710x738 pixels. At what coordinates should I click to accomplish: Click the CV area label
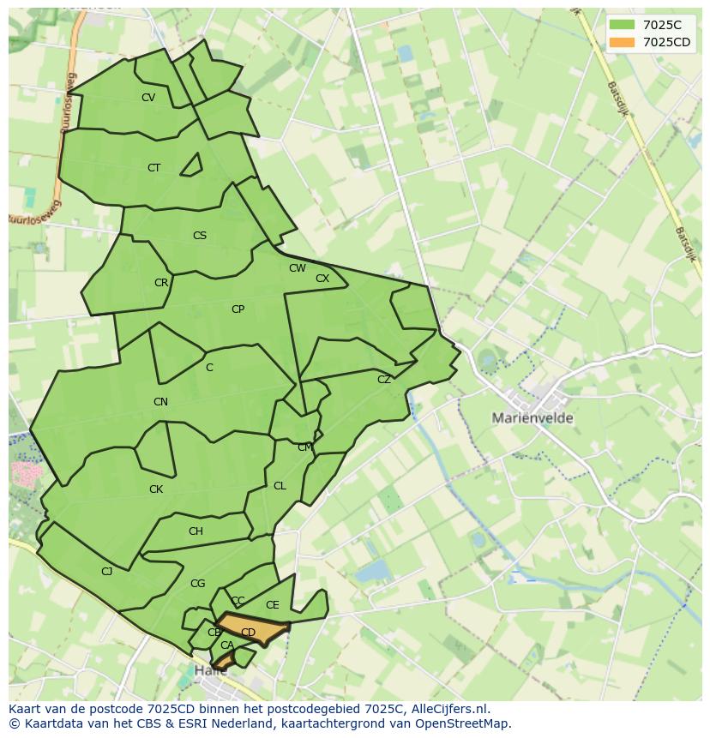coord(148,98)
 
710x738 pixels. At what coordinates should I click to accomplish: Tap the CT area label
coord(153,168)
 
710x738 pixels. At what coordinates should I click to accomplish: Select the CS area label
coord(200,236)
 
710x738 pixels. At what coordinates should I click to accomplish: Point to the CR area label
coord(161,283)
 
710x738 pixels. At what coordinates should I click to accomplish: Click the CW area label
coord(298,268)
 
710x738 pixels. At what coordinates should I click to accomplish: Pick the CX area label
coord(322,279)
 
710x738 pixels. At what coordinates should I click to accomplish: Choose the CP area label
coord(238,309)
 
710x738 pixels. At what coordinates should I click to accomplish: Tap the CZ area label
coord(384,380)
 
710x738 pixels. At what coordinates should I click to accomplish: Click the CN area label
coord(160,402)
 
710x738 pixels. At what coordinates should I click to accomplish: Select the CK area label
coord(156,489)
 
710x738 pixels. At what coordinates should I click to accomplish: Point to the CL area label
coord(280,486)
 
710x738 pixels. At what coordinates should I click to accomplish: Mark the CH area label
coord(196,531)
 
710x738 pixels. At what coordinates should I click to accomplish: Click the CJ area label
coord(107,572)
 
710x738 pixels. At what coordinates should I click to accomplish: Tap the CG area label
coord(198,584)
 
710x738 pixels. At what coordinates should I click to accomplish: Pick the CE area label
coord(273,605)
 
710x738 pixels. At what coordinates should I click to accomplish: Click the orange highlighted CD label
coord(248,633)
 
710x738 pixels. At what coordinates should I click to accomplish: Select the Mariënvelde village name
coord(532,418)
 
